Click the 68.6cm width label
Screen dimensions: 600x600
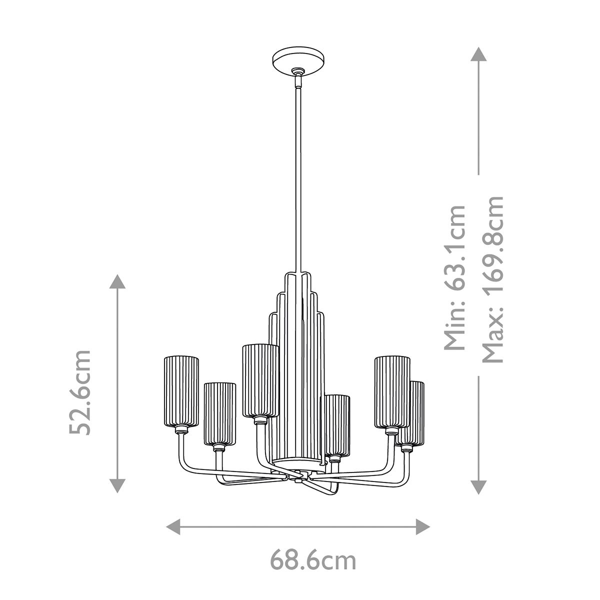(313, 560)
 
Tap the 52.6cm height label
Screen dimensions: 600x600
(80, 392)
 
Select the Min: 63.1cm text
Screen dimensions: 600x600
(455, 277)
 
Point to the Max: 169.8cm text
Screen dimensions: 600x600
(492, 279)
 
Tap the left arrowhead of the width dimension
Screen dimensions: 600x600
(173, 526)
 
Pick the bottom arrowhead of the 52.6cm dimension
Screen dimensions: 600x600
(117, 484)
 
